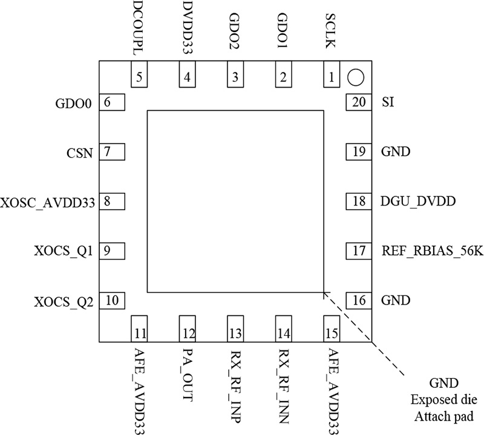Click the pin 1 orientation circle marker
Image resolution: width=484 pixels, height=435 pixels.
tap(355, 77)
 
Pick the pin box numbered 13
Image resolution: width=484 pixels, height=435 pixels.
tap(234, 332)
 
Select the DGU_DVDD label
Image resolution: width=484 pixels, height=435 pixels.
tap(418, 201)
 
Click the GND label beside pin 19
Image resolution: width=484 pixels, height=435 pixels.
tap(396, 152)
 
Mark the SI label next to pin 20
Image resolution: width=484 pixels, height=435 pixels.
tap(388, 103)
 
